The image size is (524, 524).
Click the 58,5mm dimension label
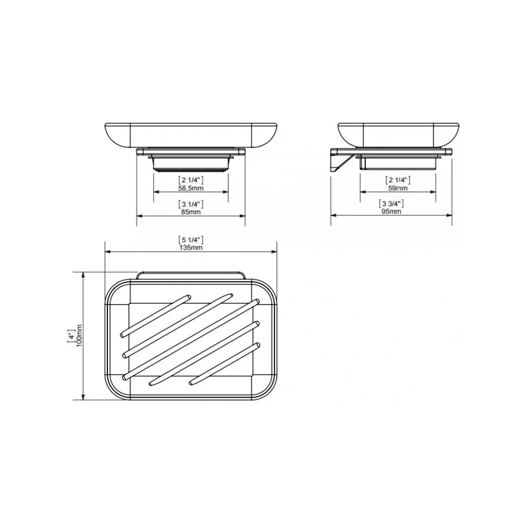(x=191, y=188)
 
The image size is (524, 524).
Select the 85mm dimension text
(x=191, y=212)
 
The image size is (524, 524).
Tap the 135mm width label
(x=191, y=248)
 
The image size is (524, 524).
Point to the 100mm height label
(x=79, y=335)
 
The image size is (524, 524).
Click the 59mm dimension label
(x=398, y=188)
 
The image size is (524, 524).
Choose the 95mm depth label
(x=391, y=212)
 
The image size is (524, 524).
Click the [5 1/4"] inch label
(x=191, y=240)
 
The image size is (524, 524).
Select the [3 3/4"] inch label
(x=391, y=203)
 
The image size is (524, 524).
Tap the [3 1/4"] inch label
(x=191, y=204)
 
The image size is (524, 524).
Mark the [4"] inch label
(x=71, y=335)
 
